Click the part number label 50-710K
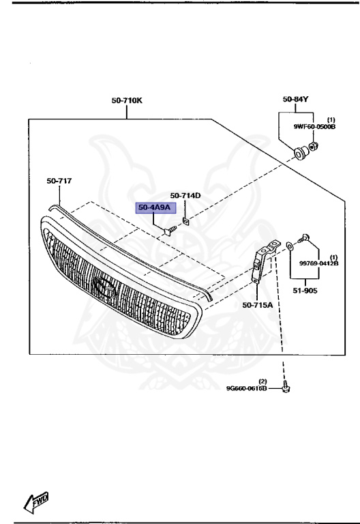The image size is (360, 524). pos(127,100)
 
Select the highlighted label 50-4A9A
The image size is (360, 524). pos(155,207)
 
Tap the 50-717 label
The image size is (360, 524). pos(59,181)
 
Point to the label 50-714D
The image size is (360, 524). pos(185,196)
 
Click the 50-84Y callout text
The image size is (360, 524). pos(295,99)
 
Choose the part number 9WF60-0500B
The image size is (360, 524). pos(314,127)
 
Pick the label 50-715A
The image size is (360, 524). pos(258,305)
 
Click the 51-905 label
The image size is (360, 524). pos(305,291)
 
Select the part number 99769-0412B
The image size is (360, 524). pos(319,263)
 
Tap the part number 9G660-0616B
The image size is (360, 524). pos(246,388)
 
